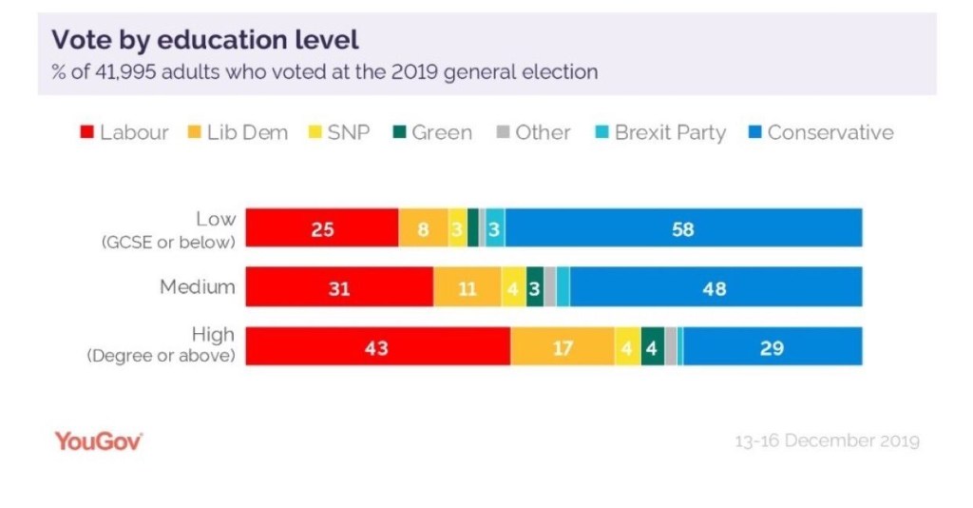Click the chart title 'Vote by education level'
point(204,40)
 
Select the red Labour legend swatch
point(86,132)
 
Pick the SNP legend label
point(348,132)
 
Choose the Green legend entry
point(441,132)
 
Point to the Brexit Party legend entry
point(670,132)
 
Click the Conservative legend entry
point(830,132)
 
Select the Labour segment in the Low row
point(322,228)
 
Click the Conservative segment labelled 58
point(683,228)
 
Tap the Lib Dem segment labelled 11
point(467,287)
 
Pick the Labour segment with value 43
point(377,346)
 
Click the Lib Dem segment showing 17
point(563,346)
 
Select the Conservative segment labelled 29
point(772,346)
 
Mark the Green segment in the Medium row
point(534,287)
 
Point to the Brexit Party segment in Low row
point(495,228)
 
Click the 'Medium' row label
point(199,286)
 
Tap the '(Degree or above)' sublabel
point(161,357)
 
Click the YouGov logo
point(98,440)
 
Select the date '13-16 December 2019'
point(827,441)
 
